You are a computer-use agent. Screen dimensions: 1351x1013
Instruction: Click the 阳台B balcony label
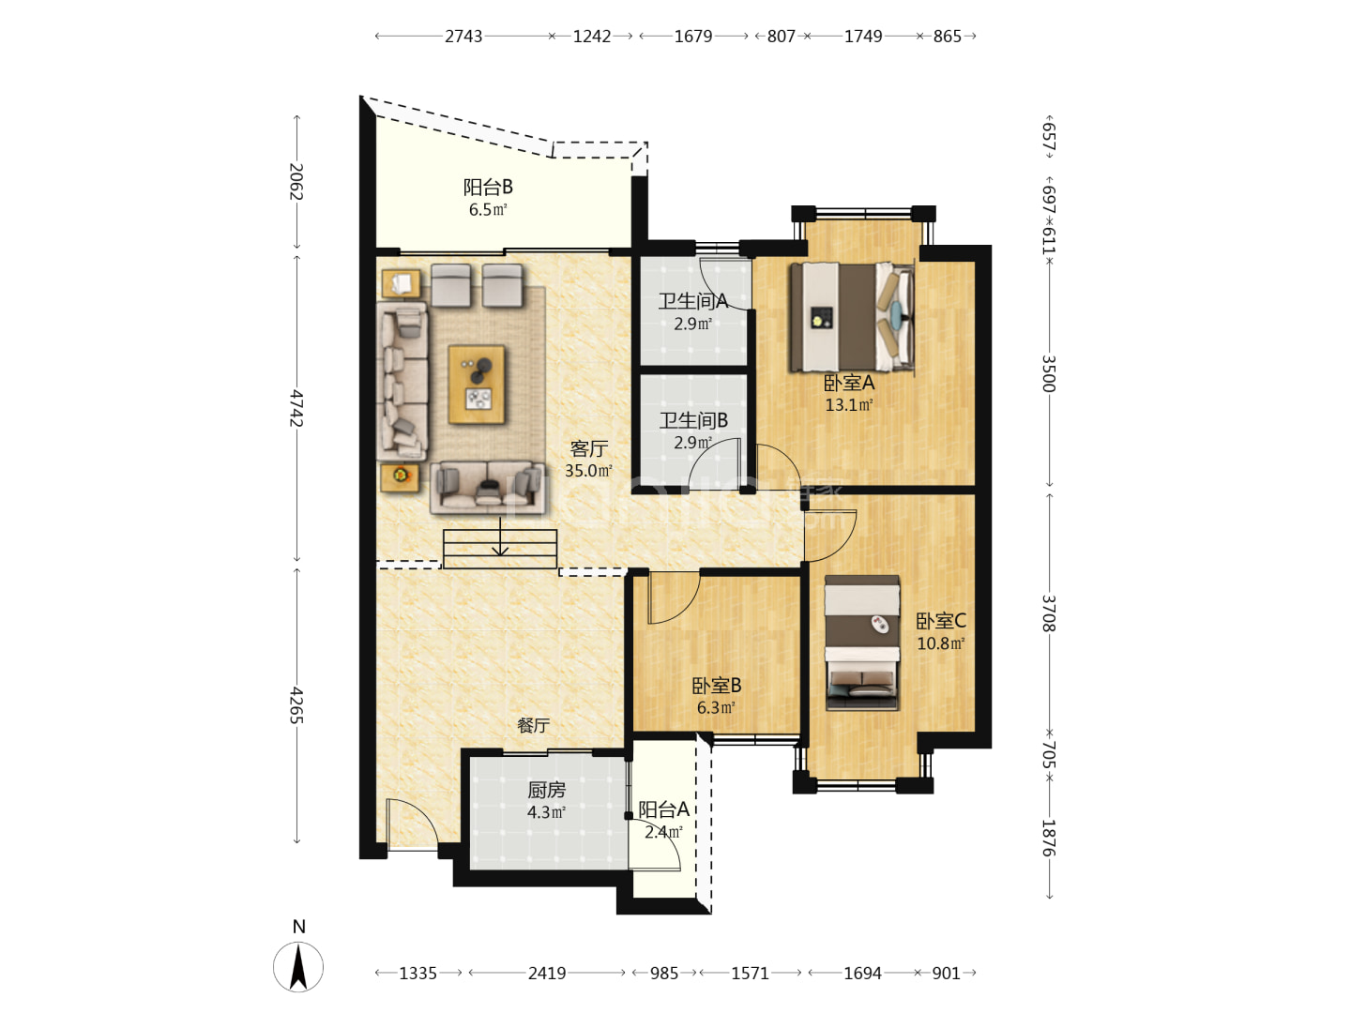click(x=488, y=187)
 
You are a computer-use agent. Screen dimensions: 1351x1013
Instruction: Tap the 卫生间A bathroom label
click(x=693, y=301)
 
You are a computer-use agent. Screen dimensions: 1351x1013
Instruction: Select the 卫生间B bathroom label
click(x=693, y=421)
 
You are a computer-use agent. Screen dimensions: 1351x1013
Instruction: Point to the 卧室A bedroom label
click(x=849, y=384)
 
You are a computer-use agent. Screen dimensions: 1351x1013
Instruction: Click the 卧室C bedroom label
click(x=940, y=621)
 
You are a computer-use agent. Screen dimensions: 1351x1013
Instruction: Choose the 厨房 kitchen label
click(x=546, y=790)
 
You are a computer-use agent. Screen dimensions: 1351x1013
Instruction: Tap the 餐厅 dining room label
click(x=533, y=726)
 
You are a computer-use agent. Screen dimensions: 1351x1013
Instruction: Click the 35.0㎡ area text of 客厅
click(x=588, y=471)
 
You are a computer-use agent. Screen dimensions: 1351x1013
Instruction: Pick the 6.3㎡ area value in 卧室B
click(x=716, y=708)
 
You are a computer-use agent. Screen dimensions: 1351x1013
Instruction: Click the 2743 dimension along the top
click(x=463, y=37)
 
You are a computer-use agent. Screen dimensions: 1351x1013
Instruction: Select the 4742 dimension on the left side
click(x=296, y=408)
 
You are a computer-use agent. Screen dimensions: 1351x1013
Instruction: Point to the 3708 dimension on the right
click(x=1048, y=613)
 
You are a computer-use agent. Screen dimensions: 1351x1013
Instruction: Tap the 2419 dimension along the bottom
click(x=547, y=974)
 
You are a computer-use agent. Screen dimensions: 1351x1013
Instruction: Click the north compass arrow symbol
click(x=298, y=967)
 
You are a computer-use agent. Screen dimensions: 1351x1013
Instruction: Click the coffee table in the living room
click(x=477, y=385)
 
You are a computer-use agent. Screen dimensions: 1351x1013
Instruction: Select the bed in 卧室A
click(x=852, y=317)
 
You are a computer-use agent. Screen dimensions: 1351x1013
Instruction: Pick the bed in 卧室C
click(x=861, y=643)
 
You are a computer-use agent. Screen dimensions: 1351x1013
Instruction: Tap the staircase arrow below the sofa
click(x=500, y=537)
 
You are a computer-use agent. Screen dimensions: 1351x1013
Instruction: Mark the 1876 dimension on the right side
click(x=1048, y=839)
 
